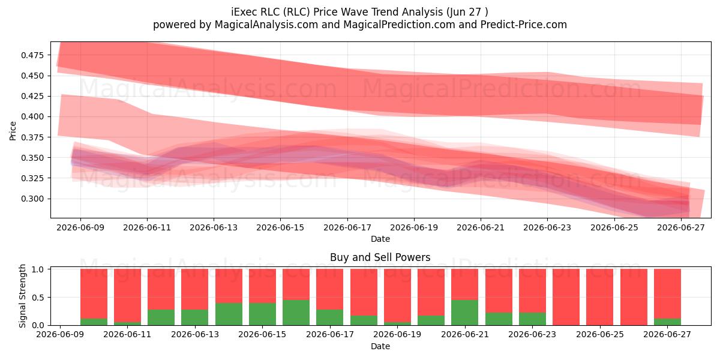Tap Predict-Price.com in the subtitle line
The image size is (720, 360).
524,25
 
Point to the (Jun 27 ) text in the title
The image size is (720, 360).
467,12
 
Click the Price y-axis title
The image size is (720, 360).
13,131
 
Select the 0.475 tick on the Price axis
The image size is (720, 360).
32,55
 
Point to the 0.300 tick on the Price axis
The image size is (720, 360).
32,199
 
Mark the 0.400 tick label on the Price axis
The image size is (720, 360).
32,116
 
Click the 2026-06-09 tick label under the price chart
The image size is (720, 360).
80,227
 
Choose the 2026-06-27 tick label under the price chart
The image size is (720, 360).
681,227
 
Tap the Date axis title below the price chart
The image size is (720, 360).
380,239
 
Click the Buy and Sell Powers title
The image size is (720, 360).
380,257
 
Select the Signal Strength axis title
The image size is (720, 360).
22,296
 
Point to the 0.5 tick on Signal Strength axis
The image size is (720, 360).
39,298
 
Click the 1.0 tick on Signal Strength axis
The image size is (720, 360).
39,269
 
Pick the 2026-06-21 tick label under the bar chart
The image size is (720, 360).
465,335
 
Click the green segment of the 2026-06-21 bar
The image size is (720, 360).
465,313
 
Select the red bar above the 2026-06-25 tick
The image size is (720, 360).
600,297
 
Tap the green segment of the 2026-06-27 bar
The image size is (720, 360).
667,322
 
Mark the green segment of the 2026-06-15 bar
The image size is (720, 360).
263,314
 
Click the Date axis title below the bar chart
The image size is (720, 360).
380,346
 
